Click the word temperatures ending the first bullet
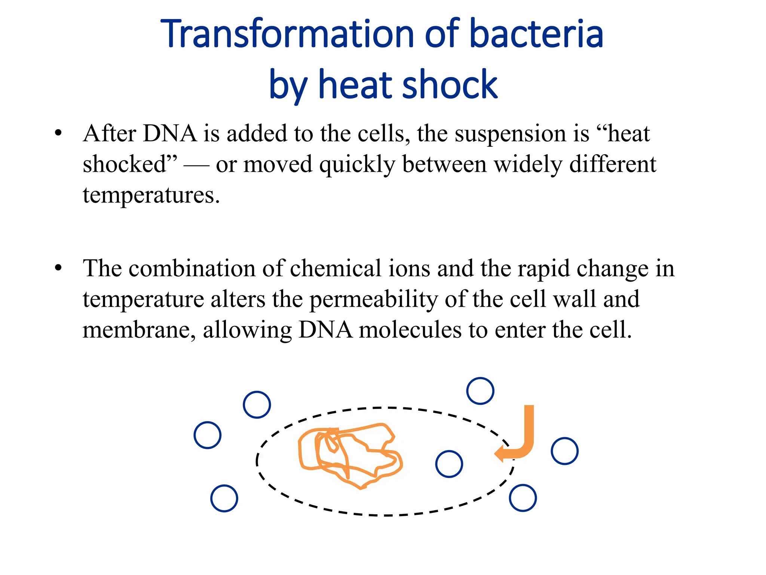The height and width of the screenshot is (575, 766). [x=151, y=195]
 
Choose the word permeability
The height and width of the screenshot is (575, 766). [x=374, y=300]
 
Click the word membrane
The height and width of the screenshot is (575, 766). [x=139, y=330]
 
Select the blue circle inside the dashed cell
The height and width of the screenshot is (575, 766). [x=449, y=464]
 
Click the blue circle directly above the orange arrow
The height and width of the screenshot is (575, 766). [x=480, y=391]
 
